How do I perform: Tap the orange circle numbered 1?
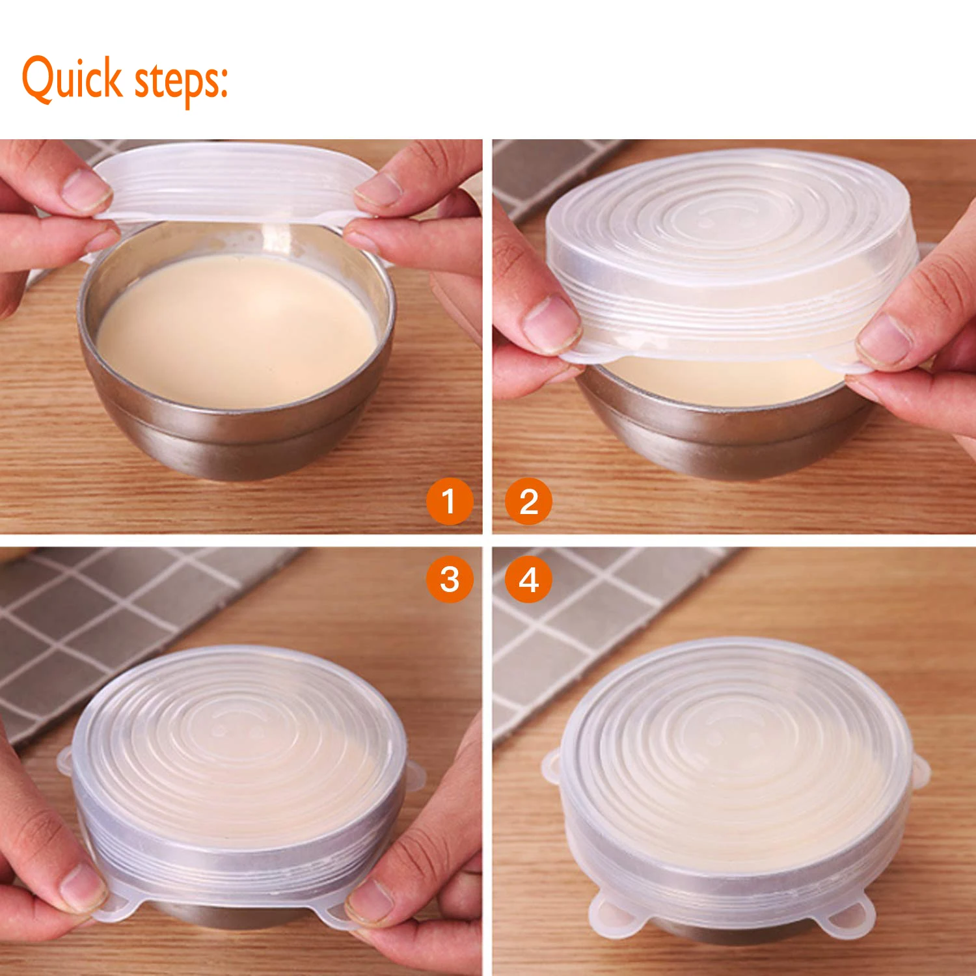(x=449, y=502)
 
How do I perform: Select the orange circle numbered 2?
(x=528, y=502)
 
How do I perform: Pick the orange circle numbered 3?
(x=449, y=579)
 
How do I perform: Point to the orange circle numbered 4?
(x=528, y=579)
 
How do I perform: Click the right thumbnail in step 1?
(x=379, y=189)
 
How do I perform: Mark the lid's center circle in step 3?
(x=238, y=725)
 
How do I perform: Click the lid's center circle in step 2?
(x=729, y=211)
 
